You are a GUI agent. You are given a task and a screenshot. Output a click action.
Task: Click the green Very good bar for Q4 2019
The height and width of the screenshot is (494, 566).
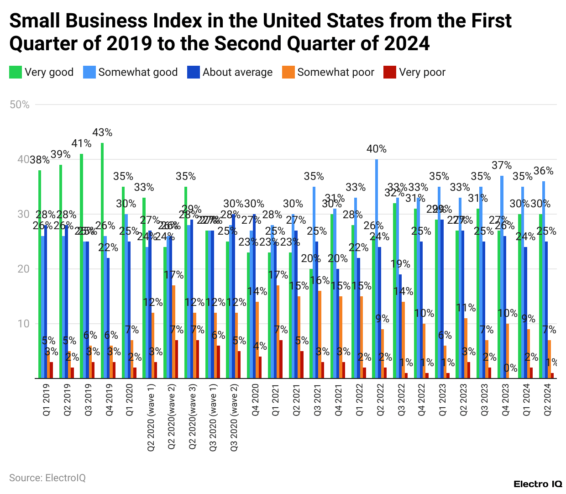point(102,260)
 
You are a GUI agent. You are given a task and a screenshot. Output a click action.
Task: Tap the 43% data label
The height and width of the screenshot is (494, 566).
point(102,132)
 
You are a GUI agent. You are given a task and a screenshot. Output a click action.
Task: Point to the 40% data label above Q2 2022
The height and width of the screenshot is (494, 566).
point(377,149)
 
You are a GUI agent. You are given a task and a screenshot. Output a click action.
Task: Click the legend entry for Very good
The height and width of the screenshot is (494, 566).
point(42,72)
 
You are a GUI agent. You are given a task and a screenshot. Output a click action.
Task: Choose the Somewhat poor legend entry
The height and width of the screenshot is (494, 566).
point(328,72)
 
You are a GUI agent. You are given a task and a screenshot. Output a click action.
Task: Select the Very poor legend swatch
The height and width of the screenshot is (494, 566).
point(389,72)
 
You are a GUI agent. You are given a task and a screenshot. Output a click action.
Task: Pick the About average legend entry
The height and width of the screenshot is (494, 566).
point(230,72)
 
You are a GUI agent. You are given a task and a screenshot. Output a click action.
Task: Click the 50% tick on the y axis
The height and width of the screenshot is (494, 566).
point(20,105)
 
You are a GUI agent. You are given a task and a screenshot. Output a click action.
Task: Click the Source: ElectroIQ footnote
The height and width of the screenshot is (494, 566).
point(47,478)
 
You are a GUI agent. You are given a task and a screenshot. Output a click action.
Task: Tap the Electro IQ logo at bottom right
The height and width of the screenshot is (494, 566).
point(538,484)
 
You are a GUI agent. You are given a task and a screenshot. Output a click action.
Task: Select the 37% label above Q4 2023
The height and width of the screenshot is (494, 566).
point(502,165)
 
